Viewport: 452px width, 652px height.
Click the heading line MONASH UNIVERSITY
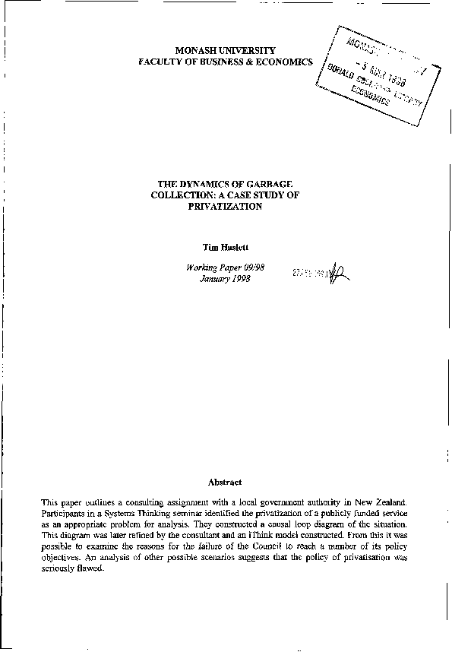(225, 49)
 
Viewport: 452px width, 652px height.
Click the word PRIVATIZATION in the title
(224, 206)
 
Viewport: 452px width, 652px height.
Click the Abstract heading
(225, 482)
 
